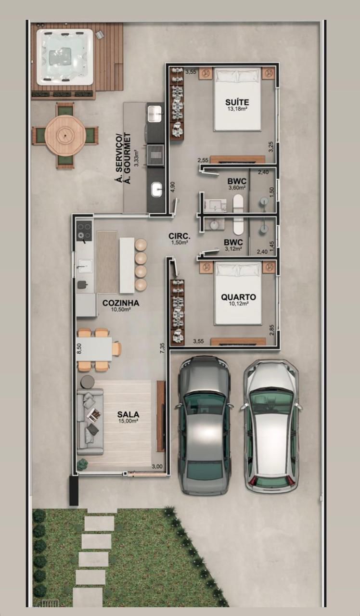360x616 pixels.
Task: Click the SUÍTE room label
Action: (x=237, y=103)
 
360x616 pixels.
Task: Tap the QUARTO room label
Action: (x=238, y=297)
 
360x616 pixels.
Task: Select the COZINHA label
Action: (x=121, y=303)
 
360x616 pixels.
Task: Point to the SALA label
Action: (x=128, y=414)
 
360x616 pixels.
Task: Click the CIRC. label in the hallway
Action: (x=180, y=236)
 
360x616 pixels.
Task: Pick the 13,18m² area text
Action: (x=237, y=109)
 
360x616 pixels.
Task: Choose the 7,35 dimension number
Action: (x=162, y=348)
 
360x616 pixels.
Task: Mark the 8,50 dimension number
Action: (x=79, y=348)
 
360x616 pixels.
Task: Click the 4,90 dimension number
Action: (x=172, y=187)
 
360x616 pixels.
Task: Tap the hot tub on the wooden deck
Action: (x=65, y=57)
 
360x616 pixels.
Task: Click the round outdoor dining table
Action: (x=65, y=135)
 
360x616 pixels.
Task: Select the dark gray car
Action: (x=204, y=426)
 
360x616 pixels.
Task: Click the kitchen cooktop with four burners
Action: (x=84, y=231)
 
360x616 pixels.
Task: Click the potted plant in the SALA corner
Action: (x=82, y=464)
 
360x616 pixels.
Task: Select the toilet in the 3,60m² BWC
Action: (x=238, y=204)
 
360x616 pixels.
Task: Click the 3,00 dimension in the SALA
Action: (x=157, y=466)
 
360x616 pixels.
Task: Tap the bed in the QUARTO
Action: (x=238, y=293)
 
